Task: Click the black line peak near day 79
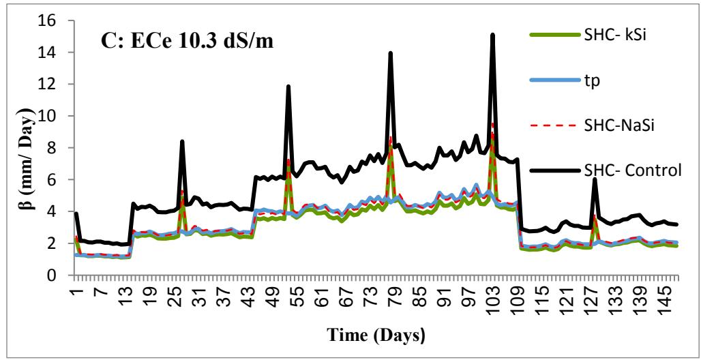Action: click(391, 53)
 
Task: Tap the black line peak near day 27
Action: click(182, 142)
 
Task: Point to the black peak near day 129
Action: click(595, 179)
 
